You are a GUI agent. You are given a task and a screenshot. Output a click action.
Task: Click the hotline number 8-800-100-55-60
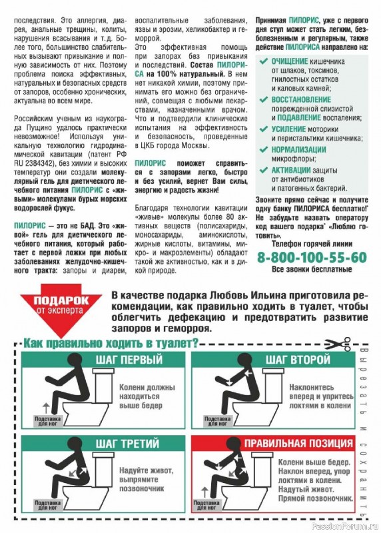tap(312, 257)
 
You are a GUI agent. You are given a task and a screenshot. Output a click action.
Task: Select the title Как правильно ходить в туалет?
tap(111, 344)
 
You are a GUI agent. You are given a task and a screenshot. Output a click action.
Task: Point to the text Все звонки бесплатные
tap(312, 270)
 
